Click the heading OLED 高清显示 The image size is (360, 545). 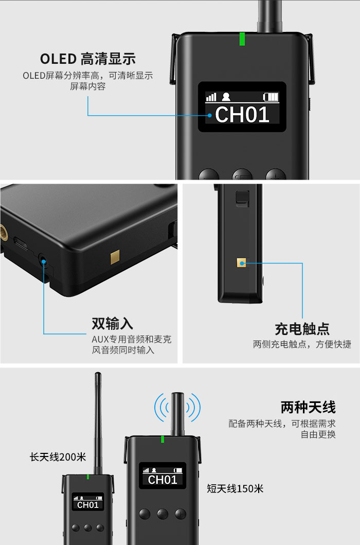[87, 59]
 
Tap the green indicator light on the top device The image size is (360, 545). [242, 39]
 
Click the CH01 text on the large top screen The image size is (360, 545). [242, 114]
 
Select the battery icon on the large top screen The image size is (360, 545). [271, 97]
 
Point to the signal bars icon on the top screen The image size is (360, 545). [211, 97]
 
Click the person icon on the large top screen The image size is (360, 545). [226, 97]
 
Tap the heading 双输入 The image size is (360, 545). [112, 323]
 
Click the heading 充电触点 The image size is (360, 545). [302, 328]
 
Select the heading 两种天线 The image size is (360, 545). [308, 408]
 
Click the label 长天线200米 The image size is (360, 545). [58, 456]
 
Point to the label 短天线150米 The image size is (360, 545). [235, 489]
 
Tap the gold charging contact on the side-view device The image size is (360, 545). [242, 263]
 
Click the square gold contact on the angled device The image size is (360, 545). [115, 257]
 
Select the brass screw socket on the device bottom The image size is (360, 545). [4, 232]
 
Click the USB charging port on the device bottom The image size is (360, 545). [21, 243]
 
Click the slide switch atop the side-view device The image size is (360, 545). [243, 198]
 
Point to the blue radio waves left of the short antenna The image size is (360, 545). [162, 408]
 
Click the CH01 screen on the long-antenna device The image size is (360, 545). [88, 502]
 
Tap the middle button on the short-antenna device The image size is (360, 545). [163, 514]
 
